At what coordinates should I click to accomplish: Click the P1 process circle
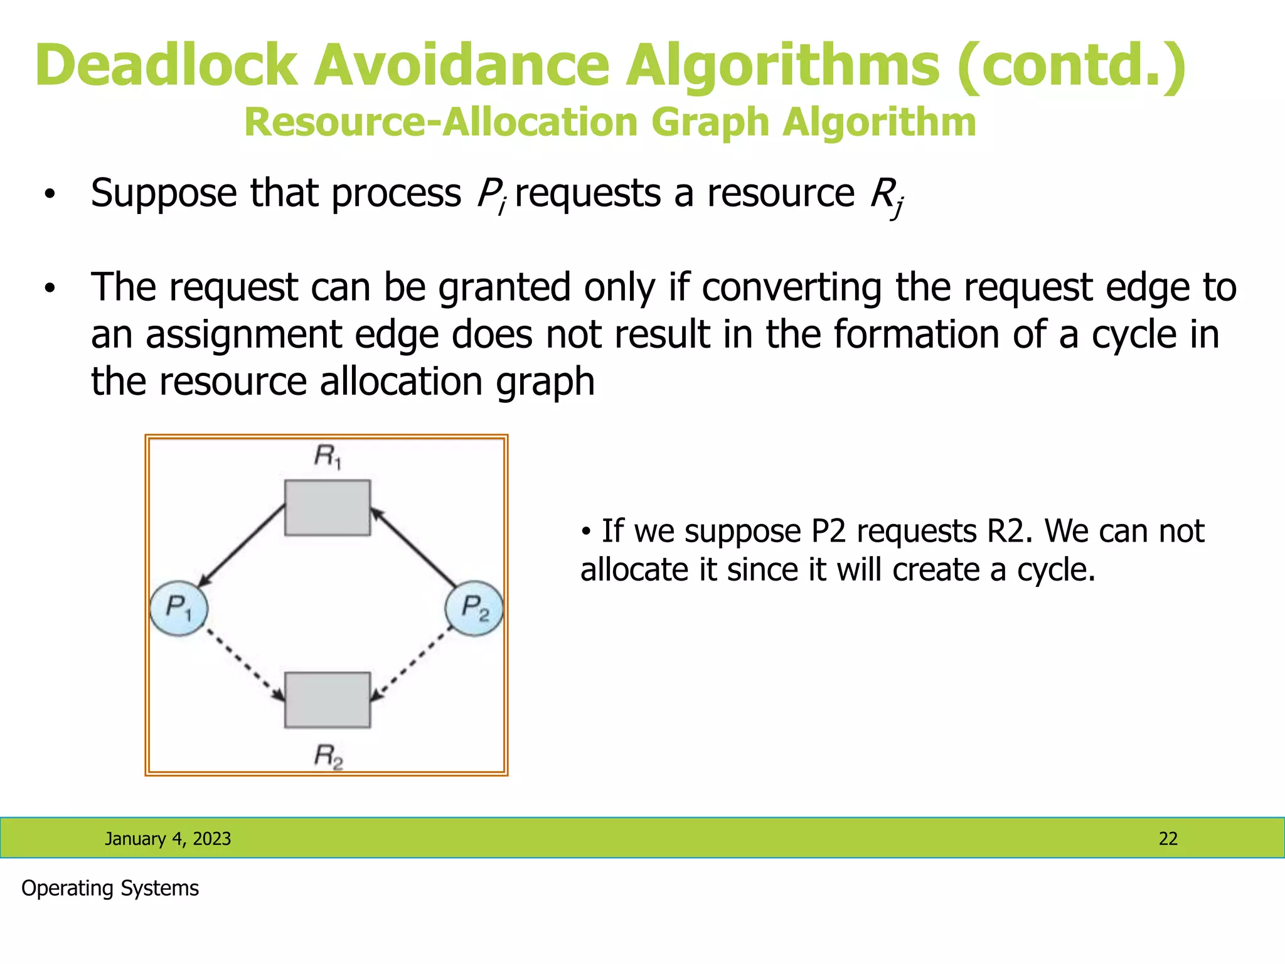[x=179, y=608]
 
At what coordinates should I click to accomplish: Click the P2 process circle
[x=474, y=608]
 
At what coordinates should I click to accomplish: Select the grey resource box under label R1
[x=328, y=508]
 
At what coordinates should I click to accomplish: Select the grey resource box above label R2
[x=328, y=700]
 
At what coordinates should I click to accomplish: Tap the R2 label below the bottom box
[x=328, y=756]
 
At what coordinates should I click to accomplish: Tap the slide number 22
[x=1168, y=838]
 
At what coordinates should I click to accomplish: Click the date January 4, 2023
[x=168, y=838]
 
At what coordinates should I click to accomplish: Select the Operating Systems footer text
[x=110, y=888]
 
